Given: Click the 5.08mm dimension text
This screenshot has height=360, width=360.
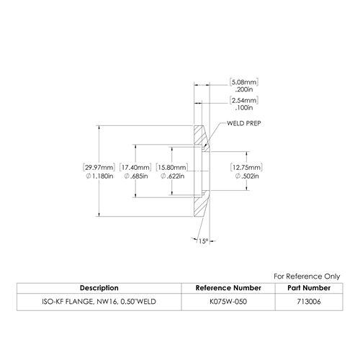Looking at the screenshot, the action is point(244,82).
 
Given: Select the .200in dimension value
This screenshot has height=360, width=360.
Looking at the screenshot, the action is point(244,89).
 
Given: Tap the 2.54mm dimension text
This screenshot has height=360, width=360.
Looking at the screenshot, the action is point(244,100).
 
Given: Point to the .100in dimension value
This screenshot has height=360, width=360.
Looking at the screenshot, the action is point(244,108).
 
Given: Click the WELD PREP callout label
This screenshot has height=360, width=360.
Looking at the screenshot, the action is point(244,123).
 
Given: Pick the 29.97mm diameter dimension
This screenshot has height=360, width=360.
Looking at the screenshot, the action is point(99,167).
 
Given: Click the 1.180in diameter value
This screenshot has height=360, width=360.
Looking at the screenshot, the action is point(99,176).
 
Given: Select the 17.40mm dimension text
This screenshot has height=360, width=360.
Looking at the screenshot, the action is point(135,167).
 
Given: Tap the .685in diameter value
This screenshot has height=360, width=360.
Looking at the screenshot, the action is point(136,176).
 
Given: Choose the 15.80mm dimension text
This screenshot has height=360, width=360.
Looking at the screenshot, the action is point(172,167).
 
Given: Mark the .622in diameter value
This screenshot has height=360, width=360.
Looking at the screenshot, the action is point(172,176).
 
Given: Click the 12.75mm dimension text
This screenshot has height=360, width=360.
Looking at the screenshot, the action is point(246,167).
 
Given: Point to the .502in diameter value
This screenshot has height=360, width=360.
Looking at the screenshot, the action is point(247,176).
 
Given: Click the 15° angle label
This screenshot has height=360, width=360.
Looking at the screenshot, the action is point(203,241).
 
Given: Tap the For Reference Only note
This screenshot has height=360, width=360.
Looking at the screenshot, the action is point(307,276).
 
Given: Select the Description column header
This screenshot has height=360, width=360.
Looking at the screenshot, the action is point(99,288).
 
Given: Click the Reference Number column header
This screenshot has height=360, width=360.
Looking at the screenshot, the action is point(228,288).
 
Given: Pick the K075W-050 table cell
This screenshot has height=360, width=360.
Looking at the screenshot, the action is point(228,302).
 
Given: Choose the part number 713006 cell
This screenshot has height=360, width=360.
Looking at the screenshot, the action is point(309,302).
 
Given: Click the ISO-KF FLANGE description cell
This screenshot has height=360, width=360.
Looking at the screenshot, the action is point(99,302).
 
